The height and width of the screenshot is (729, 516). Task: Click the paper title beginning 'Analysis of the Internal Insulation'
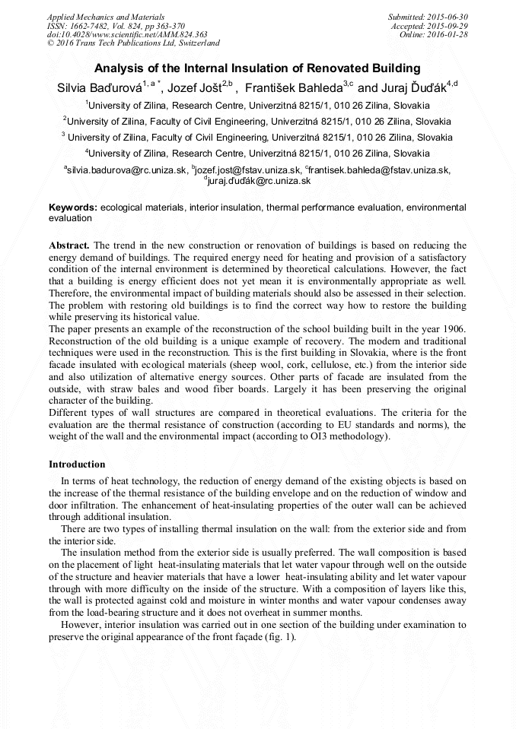(x=258, y=68)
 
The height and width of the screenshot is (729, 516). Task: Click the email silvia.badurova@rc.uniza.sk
(x=126, y=170)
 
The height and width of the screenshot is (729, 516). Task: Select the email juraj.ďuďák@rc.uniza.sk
(x=258, y=181)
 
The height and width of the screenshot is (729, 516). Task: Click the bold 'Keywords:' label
(x=73, y=208)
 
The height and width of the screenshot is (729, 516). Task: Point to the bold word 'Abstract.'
(x=69, y=246)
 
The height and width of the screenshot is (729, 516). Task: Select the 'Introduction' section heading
(x=77, y=464)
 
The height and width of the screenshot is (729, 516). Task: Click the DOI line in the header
(x=127, y=34)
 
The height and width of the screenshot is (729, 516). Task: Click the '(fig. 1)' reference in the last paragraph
(x=276, y=637)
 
